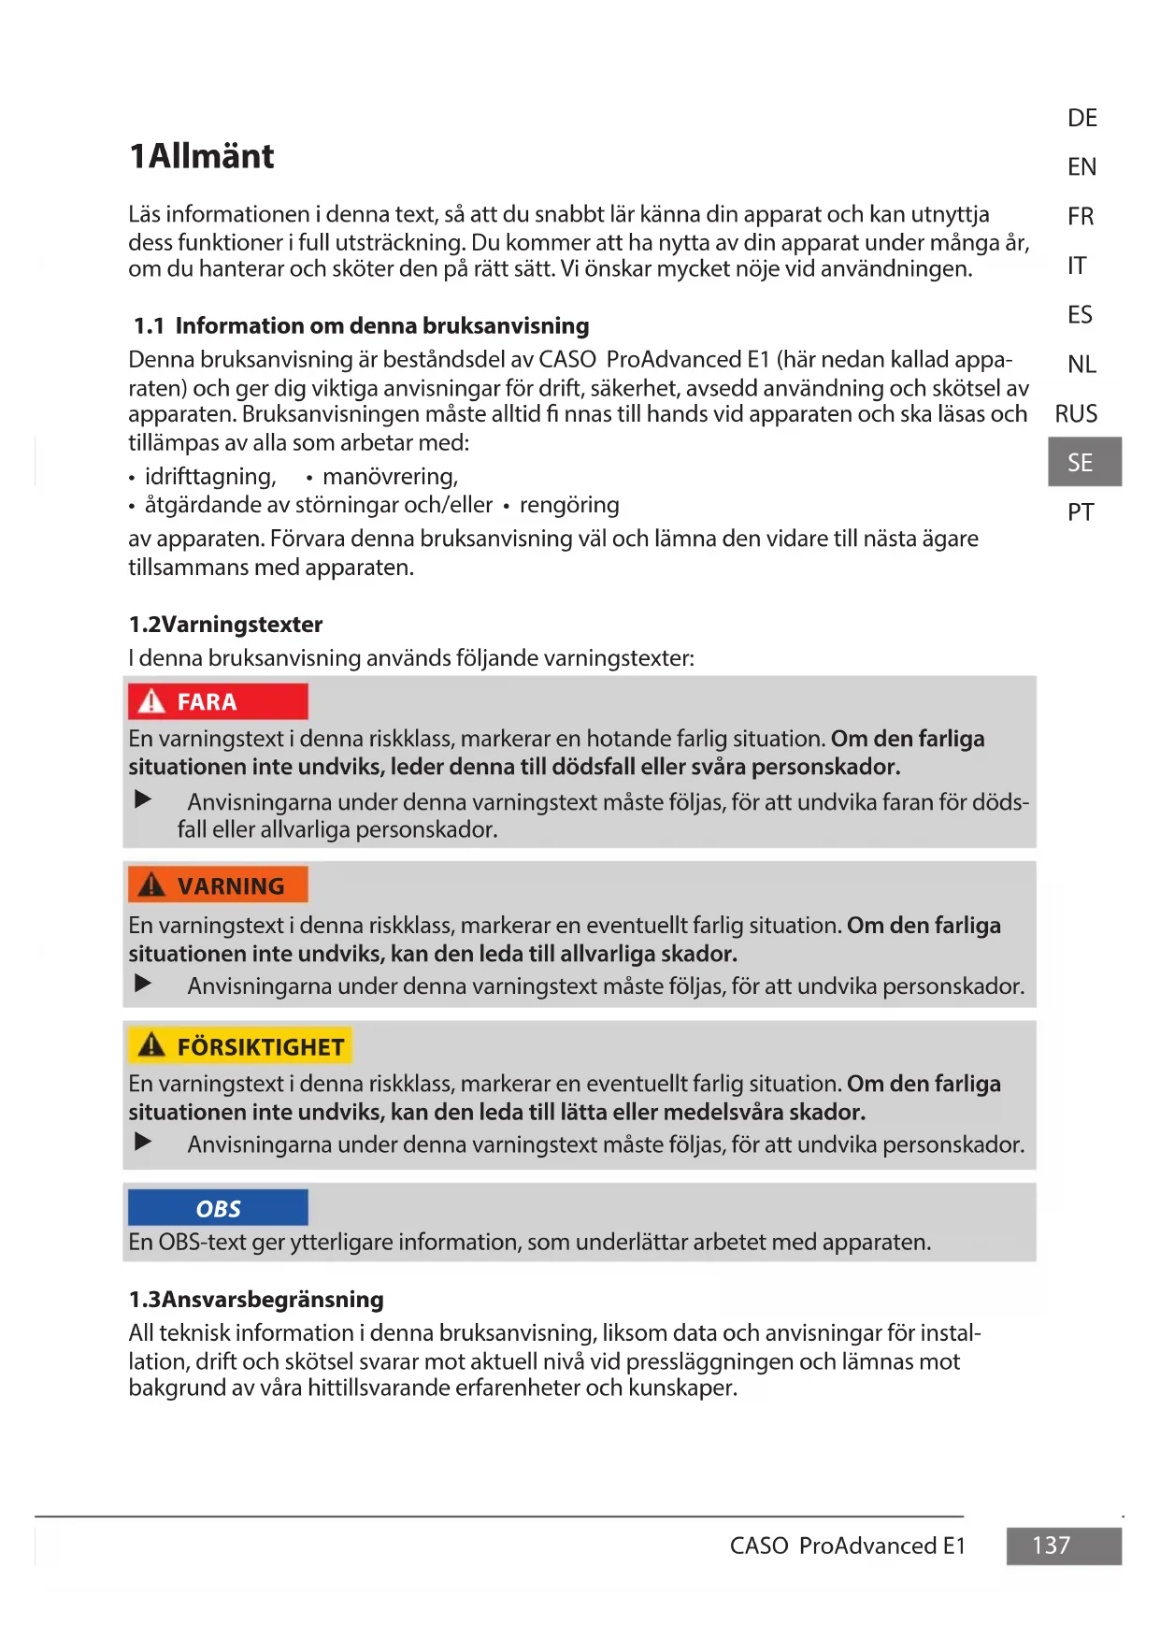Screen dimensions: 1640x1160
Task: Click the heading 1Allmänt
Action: [201, 156]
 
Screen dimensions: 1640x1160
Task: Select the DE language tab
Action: [1081, 118]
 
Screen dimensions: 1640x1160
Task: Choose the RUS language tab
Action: [1076, 413]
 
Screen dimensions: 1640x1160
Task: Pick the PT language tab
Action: [1081, 512]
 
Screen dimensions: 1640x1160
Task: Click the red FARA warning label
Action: [217, 701]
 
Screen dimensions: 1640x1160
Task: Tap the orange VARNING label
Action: [217, 885]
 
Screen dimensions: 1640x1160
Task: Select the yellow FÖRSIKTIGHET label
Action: [239, 1046]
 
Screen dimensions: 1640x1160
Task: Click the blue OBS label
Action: [218, 1208]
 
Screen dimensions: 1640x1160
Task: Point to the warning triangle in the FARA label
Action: [150, 701]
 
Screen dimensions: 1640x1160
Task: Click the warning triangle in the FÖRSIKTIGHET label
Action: [150, 1045]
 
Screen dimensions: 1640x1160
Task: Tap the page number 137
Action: [1052, 1546]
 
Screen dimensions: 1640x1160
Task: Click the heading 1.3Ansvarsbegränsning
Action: [256, 1299]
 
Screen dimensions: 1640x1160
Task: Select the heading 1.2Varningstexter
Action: [225, 624]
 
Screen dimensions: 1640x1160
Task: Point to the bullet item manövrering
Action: [390, 477]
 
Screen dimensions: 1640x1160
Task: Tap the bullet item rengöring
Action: [568, 505]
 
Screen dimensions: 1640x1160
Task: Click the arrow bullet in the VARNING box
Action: [143, 984]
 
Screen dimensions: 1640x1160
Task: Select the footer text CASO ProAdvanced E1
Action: [847, 1546]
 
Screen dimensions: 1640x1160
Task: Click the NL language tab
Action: [1081, 364]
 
